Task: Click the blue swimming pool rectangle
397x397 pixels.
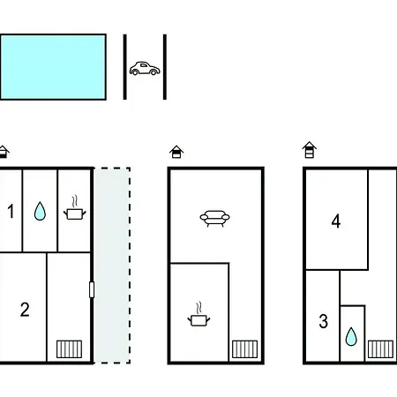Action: coord(53,67)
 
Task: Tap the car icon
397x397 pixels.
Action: coord(145,69)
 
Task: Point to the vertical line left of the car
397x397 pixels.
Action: coord(125,67)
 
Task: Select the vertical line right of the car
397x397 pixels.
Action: coord(165,67)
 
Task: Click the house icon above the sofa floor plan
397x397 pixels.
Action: coord(176,152)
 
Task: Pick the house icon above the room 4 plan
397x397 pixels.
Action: coord(310,150)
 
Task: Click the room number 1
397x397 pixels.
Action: coord(11,211)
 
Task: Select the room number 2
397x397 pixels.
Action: coord(25,310)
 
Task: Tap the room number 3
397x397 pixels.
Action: coord(324,321)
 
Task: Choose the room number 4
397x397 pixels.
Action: coord(336,221)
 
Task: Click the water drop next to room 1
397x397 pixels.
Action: coord(40,211)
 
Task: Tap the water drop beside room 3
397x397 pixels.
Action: coord(351,336)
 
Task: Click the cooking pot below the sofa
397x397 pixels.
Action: coord(198,314)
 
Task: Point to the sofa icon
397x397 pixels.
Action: coord(214,219)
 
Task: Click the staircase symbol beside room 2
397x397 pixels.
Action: coord(69,349)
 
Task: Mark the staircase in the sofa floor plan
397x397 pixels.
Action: coord(244,349)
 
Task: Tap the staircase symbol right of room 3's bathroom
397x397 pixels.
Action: coord(380,349)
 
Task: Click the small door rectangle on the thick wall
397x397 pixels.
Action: coord(92,289)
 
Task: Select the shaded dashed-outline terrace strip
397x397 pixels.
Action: coord(112,266)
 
